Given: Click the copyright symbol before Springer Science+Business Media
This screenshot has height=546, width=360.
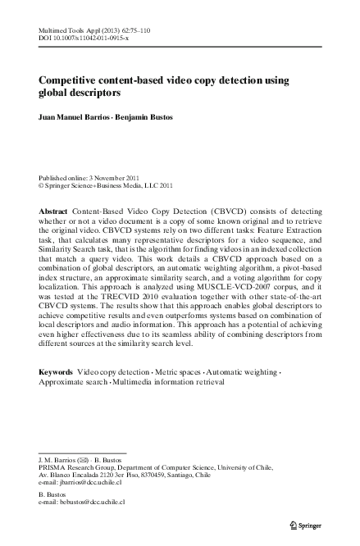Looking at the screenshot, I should [x=42, y=186].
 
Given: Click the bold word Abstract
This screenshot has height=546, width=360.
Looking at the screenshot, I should [x=53, y=212].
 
